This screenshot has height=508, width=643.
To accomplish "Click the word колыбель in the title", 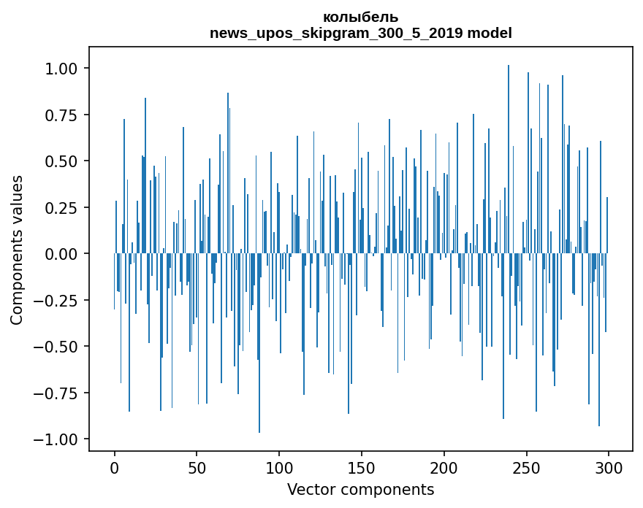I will [x=360, y=17].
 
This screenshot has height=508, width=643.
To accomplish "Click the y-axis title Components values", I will [x=17, y=250].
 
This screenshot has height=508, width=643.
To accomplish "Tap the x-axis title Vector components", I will [x=360, y=489].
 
